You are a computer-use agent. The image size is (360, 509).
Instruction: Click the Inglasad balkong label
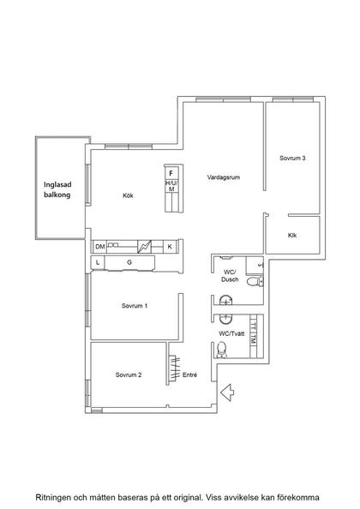tap(57, 189)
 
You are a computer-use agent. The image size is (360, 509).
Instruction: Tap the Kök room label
tap(128, 195)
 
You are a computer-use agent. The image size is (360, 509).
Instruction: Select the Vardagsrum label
tap(224, 177)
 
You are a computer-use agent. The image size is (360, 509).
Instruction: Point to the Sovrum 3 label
tap(292, 158)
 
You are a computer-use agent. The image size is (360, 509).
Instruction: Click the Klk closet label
tap(292, 235)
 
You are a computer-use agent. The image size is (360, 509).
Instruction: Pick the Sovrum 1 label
tap(135, 306)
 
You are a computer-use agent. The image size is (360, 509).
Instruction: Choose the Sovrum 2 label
tap(129, 374)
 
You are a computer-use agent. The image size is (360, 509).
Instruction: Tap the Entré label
tap(190, 374)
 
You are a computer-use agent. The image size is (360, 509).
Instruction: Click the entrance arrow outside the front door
tap(227, 392)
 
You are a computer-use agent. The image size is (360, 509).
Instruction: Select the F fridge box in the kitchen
tap(171, 173)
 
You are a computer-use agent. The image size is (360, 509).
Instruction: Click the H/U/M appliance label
tap(171, 186)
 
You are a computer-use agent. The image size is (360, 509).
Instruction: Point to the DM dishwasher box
tap(100, 247)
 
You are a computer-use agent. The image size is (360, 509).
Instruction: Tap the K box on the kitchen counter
tap(170, 247)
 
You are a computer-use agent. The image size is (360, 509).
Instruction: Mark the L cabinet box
tap(98, 262)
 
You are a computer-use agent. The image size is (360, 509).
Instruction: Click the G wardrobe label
tap(129, 262)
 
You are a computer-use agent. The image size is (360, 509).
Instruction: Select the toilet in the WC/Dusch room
tap(255, 281)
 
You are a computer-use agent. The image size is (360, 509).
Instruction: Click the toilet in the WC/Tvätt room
tap(221, 349)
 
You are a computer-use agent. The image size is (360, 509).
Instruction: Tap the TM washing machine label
tap(254, 340)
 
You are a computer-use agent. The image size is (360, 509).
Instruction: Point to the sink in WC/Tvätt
tap(225, 319)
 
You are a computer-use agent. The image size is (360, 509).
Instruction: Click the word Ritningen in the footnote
tap(53, 497)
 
